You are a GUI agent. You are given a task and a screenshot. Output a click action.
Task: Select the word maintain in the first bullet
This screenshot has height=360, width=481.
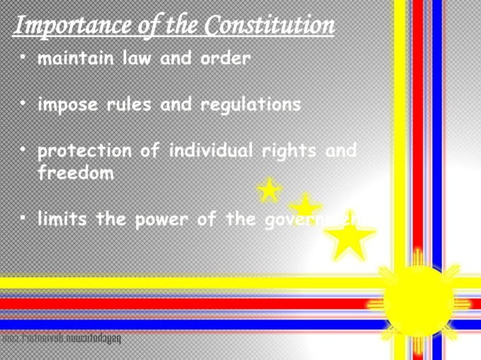coord(76,58)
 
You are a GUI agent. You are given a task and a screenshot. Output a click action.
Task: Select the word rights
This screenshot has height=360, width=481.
coord(289,150)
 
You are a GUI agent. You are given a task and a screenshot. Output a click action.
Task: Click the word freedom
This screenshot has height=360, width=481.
coord(75,173)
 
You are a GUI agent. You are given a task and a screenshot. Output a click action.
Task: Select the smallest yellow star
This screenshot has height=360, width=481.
coord(268,191)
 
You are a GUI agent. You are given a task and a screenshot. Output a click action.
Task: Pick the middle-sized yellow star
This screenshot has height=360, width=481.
coord(305,207)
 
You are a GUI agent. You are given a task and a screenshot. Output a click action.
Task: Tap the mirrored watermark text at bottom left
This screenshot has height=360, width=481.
coord(60,340)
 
